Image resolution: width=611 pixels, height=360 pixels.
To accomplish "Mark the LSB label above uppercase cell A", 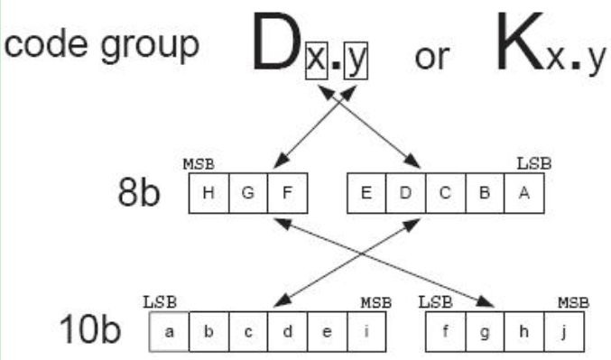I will pos(533,164).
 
